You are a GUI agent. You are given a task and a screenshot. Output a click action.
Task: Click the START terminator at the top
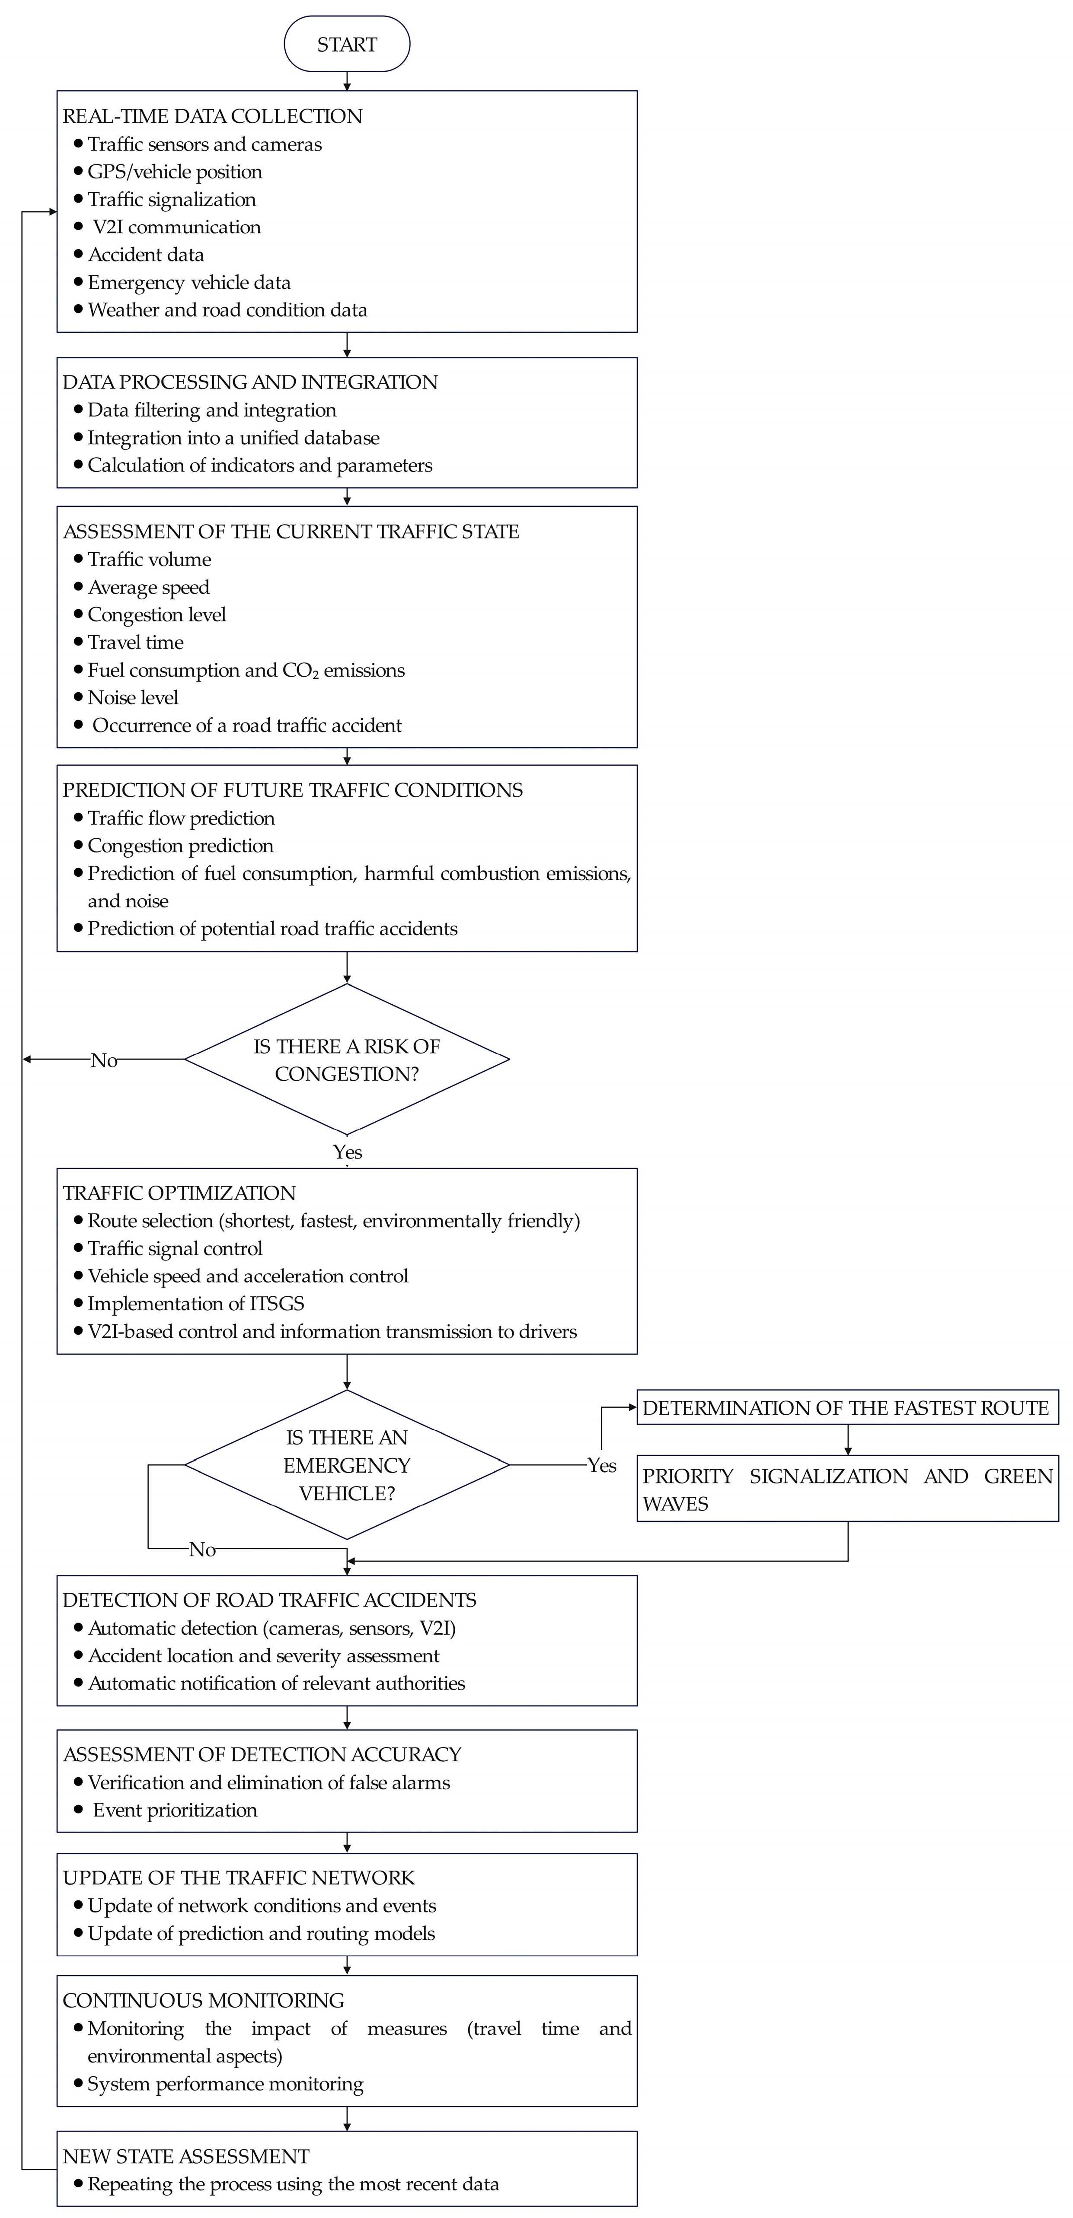click(347, 44)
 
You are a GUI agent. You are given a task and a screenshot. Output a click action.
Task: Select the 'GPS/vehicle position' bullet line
click(175, 172)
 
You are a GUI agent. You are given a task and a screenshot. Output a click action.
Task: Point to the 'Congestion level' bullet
click(157, 615)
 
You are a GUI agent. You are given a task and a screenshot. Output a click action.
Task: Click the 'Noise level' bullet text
click(133, 697)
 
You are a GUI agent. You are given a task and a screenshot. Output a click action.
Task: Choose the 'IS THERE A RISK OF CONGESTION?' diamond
click(347, 1059)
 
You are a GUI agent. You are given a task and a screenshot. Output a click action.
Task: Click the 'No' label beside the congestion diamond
click(104, 1060)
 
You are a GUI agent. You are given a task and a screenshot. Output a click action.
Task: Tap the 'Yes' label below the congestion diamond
click(348, 1152)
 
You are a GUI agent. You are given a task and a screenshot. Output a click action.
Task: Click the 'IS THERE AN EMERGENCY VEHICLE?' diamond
click(347, 1464)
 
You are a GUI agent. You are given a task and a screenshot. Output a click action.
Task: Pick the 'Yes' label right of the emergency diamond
click(602, 1465)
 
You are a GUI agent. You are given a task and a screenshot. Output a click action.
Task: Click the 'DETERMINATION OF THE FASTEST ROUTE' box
click(847, 1408)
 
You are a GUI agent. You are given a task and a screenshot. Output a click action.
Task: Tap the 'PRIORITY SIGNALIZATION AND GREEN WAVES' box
click(847, 1489)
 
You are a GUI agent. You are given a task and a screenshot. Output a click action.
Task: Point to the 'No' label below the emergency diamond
click(202, 1550)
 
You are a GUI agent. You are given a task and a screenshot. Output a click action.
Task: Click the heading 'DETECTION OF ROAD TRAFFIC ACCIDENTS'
click(269, 1600)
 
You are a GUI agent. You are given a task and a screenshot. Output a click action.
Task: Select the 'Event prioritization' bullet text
click(175, 1810)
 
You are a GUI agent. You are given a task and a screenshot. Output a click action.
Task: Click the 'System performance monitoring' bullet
click(226, 2084)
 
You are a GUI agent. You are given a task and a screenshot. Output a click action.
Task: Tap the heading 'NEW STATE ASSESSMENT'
click(186, 2156)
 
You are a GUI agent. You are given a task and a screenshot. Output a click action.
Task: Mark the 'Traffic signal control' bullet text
click(175, 1248)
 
